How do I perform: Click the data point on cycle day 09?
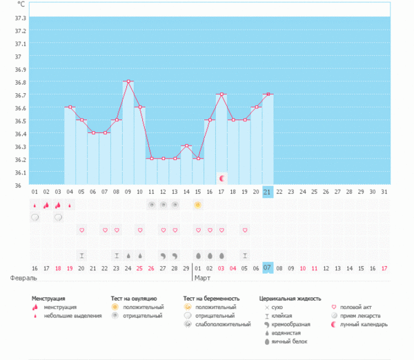tap(128, 81)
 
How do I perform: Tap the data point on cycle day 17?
tap(221, 94)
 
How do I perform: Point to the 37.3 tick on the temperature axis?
tap(21, 18)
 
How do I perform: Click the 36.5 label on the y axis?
tap(21, 121)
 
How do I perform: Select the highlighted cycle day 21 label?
tap(268, 191)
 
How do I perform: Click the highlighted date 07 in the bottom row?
tap(268, 268)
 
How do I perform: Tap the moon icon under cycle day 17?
tap(221, 178)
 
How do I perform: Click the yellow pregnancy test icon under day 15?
tap(198, 205)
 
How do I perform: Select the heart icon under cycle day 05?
tap(81, 230)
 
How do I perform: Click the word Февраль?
tap(23, 279)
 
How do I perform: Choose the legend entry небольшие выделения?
tap(69, 316)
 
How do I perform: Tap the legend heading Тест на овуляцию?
tap(139, 299)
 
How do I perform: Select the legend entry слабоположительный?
tap(221, 324)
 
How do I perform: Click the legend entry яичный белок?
tap(288, 341)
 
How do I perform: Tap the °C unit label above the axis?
tap(22, 3)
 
